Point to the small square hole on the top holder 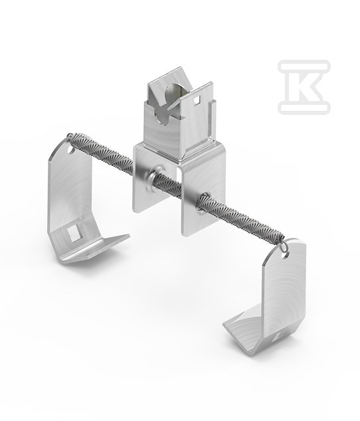click(197, 100)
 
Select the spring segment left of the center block click(103, 151)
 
